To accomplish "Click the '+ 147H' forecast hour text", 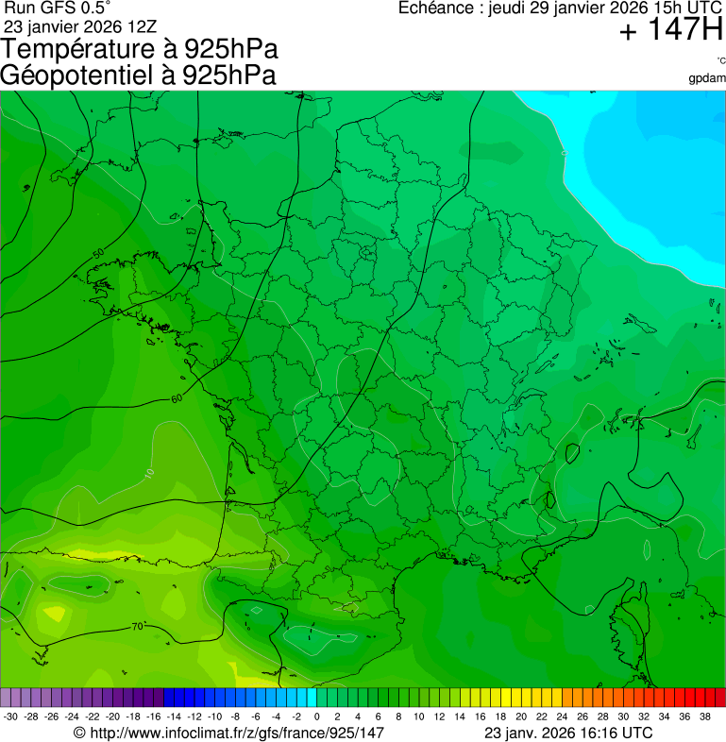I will click(670, 31).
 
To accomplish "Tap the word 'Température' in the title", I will click(76, 49).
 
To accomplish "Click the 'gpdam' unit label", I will click(707, 77).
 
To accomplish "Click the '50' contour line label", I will click(99, 253).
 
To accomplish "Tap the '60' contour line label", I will click(177, 398).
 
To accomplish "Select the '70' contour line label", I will click(137, 626).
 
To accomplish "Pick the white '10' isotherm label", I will click(149, 472).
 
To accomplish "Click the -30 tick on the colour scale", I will click(11, 717).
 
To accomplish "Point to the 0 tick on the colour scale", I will click(316, 717).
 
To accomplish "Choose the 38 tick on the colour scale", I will click(704, 717).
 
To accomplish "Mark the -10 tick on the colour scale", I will click(214, 717).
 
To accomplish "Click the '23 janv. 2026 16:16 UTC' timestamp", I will click(568, 733).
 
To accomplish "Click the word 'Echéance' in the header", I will click(437, 8).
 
